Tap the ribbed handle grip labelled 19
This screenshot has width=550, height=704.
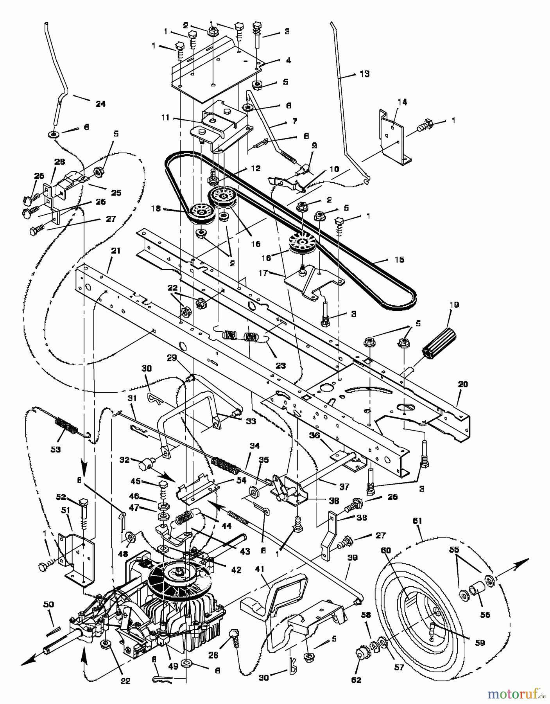coord(439,343)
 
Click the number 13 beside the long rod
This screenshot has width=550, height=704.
coord(364,74)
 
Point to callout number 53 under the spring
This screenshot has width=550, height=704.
coord(56,449)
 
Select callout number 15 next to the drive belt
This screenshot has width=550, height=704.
coord(399,260)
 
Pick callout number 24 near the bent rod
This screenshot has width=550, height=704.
coord(100,104)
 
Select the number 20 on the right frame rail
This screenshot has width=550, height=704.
coord(462,384)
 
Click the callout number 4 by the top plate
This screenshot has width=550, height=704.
coord(288,61)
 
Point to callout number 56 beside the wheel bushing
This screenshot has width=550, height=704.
coord(485,614)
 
